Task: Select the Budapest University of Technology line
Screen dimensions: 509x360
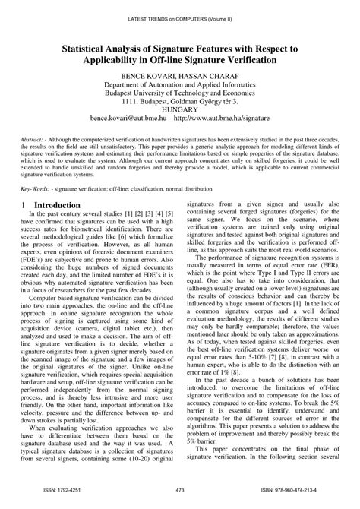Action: pos(180,96)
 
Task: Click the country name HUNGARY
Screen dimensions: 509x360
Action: pos(180,116)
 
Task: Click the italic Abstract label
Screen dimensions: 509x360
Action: pos(36,141)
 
